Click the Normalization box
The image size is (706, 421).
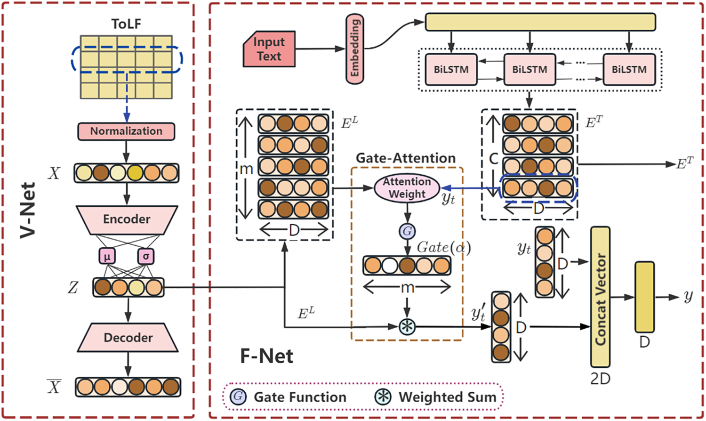(126, 131)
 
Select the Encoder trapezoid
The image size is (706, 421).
(127, 219)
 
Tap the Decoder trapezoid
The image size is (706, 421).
(128, 338)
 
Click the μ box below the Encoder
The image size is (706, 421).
(107, 257)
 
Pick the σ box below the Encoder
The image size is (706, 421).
(146, 257)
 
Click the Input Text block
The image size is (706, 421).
(269, 49)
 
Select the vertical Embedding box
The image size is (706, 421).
(355, 49)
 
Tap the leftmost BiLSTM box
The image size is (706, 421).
(451, 70)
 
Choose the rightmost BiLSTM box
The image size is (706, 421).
(629, 70)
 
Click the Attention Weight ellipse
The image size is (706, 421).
(407, 188)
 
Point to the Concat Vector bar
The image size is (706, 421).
(600, 297)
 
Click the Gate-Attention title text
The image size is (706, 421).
(405, 158)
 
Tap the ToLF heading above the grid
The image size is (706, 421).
(126, 24)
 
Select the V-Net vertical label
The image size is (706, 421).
(28, 210)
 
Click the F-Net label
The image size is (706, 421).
(266, 356)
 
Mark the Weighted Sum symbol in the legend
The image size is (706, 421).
(383, 397)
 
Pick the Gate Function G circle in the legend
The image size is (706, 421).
(238, 397)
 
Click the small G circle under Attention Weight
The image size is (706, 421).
(407, 231)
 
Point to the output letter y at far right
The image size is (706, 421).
(688, 297)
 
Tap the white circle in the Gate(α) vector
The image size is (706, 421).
(389, 266)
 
